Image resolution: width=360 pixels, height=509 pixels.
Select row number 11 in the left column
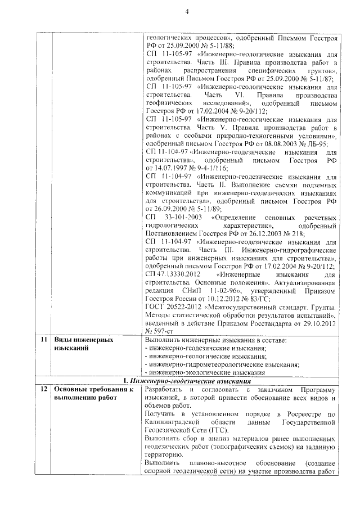[43, 340]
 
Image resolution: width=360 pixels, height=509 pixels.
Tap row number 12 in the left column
[43, 390]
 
